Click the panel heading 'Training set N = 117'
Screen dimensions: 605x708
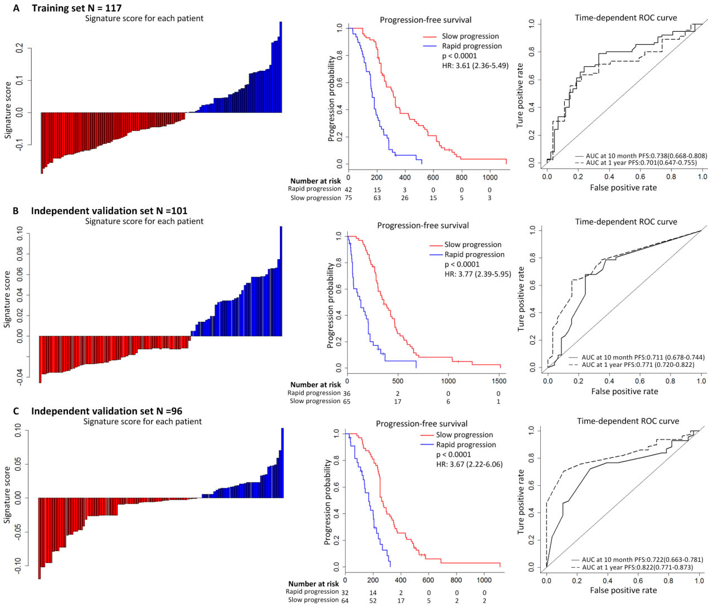(76, 8)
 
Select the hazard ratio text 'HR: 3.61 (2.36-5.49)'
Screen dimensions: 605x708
(475, 65)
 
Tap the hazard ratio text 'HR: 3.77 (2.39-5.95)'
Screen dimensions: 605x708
(477, 274)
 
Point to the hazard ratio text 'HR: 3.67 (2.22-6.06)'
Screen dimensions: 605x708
(469, 464)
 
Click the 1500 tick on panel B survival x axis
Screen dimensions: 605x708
(499, 381)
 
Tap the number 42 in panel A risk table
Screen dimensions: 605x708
(348, 189)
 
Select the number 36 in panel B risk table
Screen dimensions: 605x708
(347, 393)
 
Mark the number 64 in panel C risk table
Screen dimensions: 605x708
(345, 601)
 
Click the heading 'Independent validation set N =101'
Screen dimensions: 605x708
(109, 211)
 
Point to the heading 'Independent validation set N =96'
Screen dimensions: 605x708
(106, 411)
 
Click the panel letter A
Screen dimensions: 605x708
(16, 8)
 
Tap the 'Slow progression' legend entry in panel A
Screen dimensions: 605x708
(470, 36)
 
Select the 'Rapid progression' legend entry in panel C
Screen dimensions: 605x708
(465, 444)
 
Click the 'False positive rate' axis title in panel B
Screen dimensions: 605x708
(624, 391)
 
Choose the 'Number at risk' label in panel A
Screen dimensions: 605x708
(316, 181)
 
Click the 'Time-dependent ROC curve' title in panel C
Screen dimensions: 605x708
(628, 421)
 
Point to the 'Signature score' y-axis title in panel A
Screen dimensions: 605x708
(8, 110)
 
